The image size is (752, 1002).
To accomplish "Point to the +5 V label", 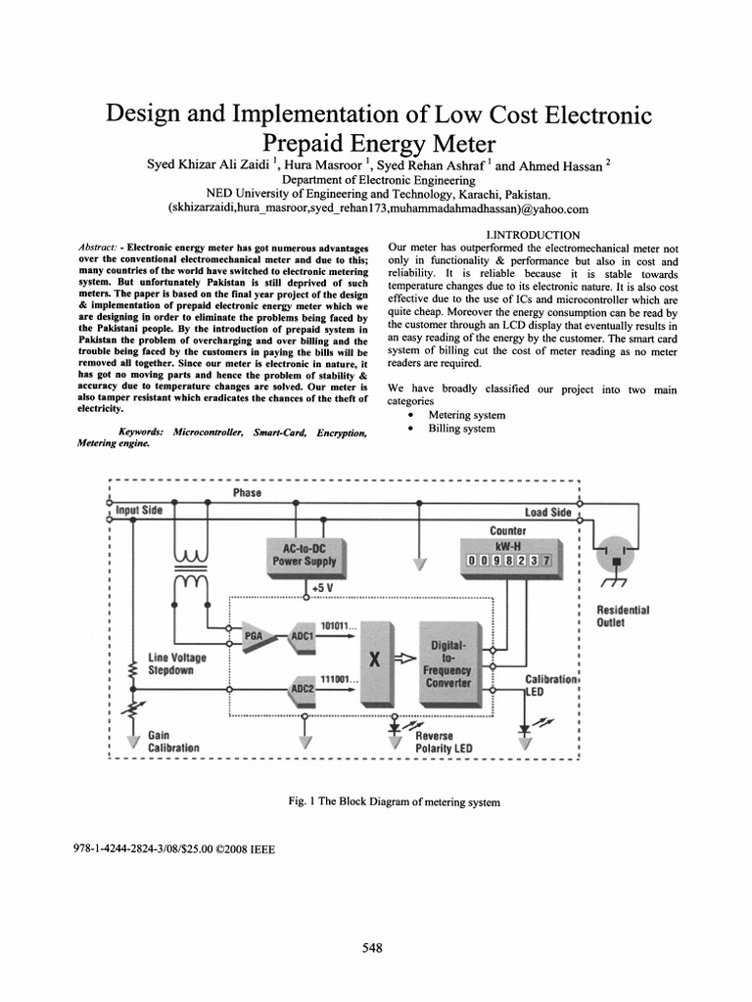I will (x=324, y=587).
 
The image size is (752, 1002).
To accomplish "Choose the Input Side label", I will (x=140, y=510).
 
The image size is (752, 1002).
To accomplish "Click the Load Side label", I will (x=547, y=512).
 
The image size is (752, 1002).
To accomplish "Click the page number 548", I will (x=371, y=948).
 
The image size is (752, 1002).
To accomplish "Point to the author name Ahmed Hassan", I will (x=558, y=165).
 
